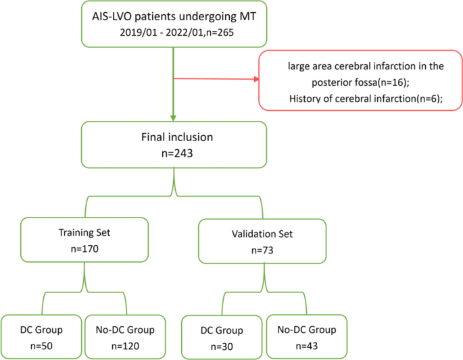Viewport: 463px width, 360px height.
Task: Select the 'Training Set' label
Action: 84,233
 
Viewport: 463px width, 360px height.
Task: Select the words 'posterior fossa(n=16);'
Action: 365,82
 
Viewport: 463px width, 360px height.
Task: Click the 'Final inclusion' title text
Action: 176,136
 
